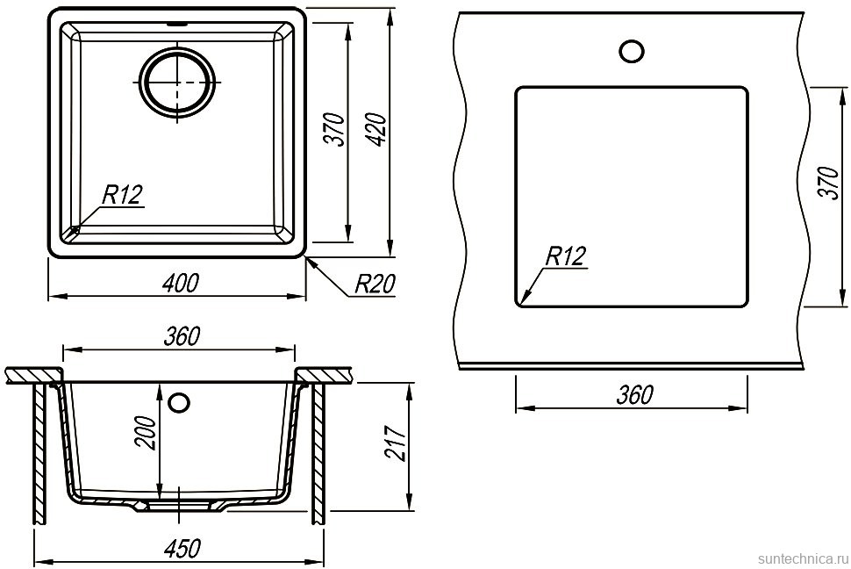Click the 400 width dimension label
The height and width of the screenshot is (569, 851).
coord(180,283)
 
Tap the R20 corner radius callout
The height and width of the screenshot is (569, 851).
coord(375,284)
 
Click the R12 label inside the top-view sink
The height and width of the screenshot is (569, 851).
coord(123,194)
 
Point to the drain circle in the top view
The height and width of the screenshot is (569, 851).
coord(177,81)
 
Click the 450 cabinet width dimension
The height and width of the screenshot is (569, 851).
coord(182,548)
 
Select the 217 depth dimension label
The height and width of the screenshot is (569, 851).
coord(397,443)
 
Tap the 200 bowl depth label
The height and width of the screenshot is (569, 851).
coord(145,433)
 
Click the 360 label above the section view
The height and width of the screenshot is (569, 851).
coord(182,337)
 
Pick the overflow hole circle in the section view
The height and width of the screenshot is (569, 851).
coord(179,403)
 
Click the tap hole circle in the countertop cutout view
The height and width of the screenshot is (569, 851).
coord(631,51)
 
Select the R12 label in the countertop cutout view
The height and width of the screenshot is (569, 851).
coord(566,256)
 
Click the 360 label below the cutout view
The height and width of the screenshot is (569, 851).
coord(635,395)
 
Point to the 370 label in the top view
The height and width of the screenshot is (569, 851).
coord(333,129)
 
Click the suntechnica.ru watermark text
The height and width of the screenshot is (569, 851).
coord(803,559)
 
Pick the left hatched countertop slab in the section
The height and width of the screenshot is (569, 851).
coord(33,376)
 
